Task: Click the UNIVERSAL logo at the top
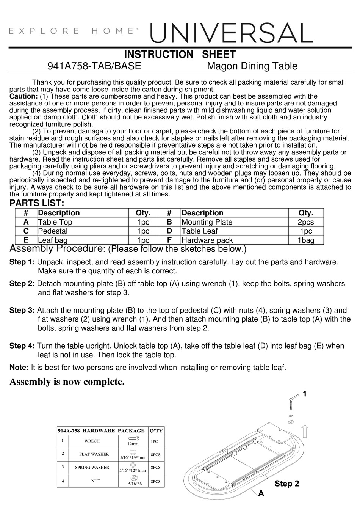pyautogui.click(x=232, y=33)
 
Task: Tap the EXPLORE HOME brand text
pyautogui.click(x=72, y=31)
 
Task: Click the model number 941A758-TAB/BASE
pyautogui.click(x=94, y=66)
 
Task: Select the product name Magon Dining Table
pyautogui.click(x=252, y=66)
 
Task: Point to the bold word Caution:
pyautogui.click(x=23, y=96)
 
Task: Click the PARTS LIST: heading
pyautogui.click(x=37, y=203)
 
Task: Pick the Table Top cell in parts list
pyautogui.click(x=55, y=222)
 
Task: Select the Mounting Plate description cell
pyautogui.click(x=207, y=222)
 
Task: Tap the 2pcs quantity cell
pyautogui.click(x=306, y=222)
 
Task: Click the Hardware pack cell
pyautogui.click(x=207, y=240)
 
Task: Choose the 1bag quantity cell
pyautogui.click(x=306, y=240)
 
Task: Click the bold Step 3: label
pyautogui.click(x=22, y=310)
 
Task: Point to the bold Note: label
pyautogui.click(x=19, y=367)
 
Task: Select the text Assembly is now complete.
pyautogui.click(x=67, y=382)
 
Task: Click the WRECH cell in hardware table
pyautogui.click(x=92, y=441)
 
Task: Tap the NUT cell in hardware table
pyautogui.click(x=95, y=481)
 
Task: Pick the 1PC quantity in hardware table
pyautogui.click(x=155, y=441)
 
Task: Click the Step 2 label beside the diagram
pyautogui.click(x=287, y=484)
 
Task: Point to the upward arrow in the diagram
pyautogui.click(x=305, y=431)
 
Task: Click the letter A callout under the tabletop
pyautogui.click(x=261, y=493)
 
